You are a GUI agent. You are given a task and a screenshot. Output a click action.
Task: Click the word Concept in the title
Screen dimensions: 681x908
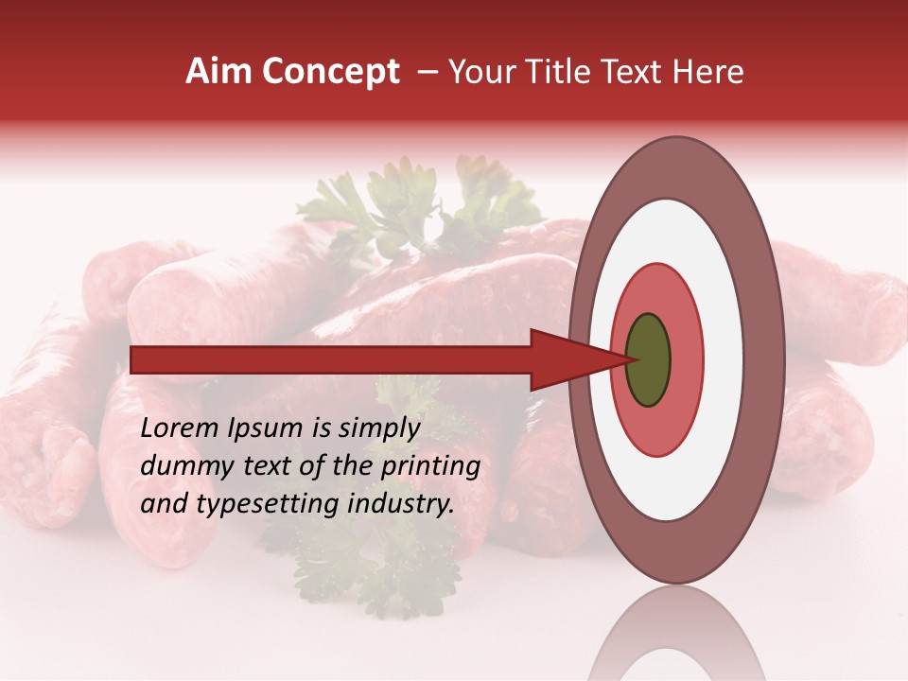(x=330, y=72)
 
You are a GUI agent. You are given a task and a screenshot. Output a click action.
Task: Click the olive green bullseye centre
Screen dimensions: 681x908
(x=648, y=359)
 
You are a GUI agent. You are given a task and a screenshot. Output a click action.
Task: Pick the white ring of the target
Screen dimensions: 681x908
(x=724, y=359)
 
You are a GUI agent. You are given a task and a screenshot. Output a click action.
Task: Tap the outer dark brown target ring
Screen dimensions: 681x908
(x=764, y=359)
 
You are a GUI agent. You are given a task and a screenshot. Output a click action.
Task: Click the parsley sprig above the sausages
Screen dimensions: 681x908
(x=407, y=203)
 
